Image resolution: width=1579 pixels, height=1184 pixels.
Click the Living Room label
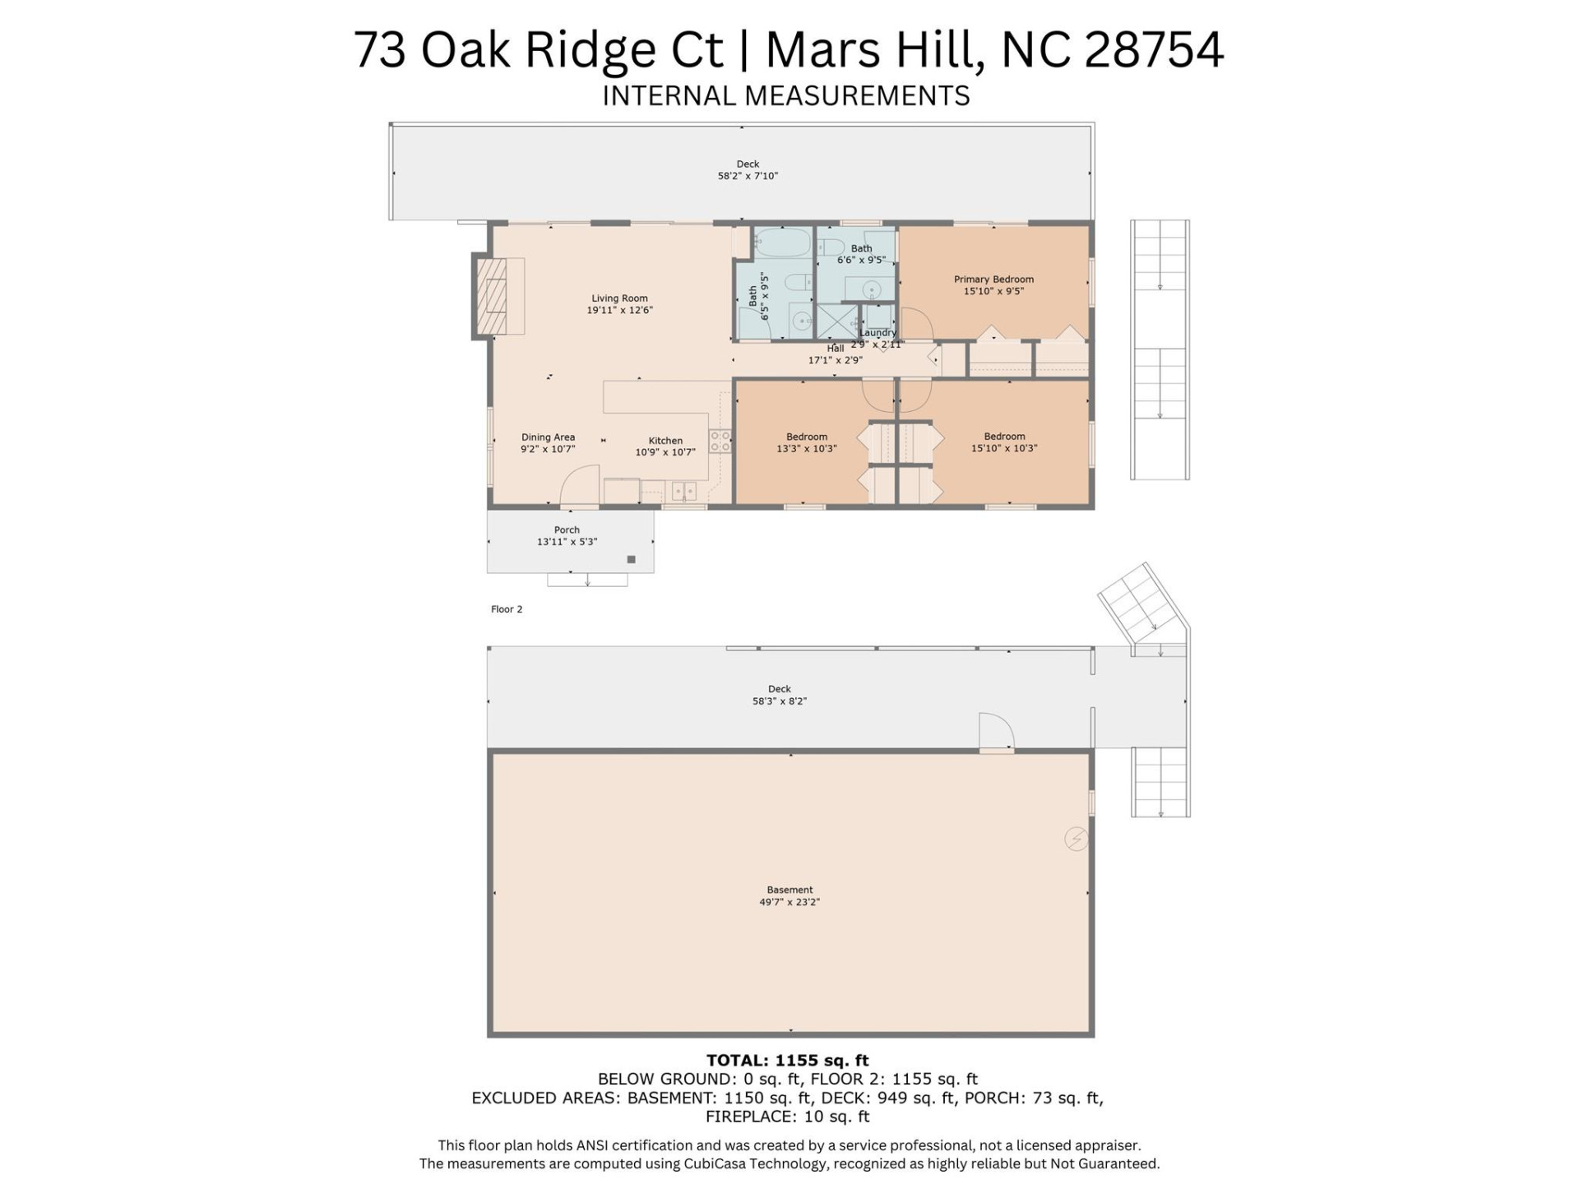point(619,298)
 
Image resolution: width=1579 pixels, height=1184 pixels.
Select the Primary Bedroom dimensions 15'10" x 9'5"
point(993,291)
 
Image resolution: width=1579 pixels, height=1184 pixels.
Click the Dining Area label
point(548,437)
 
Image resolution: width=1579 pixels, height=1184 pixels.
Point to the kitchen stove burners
point(720,441)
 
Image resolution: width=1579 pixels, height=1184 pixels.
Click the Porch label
point(567,530)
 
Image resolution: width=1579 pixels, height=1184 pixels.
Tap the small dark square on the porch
point(632,560)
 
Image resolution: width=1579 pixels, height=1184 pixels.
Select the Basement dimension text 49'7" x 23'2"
point(789,902)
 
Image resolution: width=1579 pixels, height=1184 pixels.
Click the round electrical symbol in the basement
point(1076,839)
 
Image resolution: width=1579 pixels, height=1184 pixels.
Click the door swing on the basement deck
point(995,732)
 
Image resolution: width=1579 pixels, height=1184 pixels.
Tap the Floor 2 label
point(507,609)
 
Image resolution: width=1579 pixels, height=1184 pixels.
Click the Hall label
point(835,349)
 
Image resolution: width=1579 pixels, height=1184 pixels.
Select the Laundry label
point(877,333)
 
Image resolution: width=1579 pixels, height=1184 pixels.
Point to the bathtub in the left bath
point(782,243)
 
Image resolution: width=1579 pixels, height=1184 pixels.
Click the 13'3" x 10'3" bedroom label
point(806,449)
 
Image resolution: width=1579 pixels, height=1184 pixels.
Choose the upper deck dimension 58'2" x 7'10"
point(748,176)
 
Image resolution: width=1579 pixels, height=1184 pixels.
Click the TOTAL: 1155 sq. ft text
point(787,1061)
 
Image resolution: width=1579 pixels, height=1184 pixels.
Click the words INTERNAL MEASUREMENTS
point(785,96)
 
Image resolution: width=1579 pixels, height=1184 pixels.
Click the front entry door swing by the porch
point(579,487)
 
